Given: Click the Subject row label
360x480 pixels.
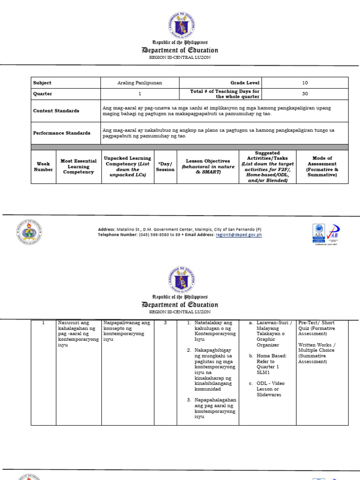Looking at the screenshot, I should click(42, 83).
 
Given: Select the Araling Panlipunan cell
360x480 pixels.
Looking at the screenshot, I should click(140, 83).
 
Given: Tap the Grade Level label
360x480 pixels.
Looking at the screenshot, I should click(245, 83).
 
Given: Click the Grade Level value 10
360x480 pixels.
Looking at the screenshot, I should click(305, 83).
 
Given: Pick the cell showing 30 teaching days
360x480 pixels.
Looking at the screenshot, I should click(305, 94).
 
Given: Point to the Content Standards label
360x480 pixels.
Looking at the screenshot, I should click(56, 111).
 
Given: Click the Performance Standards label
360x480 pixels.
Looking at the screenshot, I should click(61, 133).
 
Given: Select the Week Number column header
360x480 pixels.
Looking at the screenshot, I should click(43, 167).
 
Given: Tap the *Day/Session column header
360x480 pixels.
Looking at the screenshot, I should click(165, 167).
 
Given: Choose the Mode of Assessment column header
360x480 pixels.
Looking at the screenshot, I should click(322, 166).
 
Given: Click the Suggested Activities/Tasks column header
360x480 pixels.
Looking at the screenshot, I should click(268, 166).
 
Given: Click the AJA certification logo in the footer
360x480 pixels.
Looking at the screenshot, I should click(319, 233).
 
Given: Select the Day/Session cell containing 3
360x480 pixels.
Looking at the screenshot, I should click(165, 323).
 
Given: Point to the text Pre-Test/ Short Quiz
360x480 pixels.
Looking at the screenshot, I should click(316, 326).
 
